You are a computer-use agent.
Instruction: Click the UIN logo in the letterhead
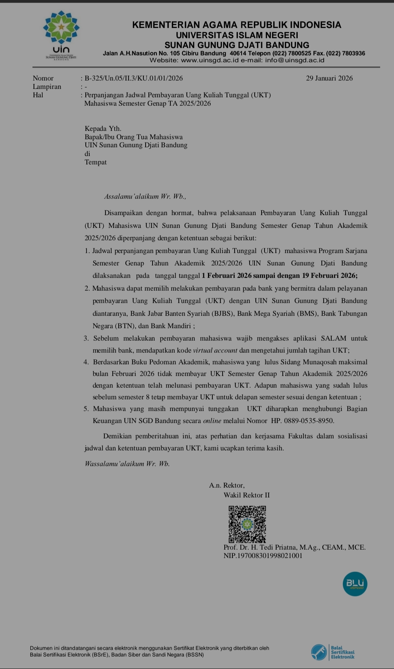coord(61,34)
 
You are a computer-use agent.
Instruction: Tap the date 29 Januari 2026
coord(329,78)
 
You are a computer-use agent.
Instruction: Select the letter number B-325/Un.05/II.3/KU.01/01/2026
coord(134,78)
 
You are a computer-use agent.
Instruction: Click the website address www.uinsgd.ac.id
coord(210,60)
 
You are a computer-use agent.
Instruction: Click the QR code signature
coord(247,524)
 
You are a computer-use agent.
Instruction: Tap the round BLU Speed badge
coord(355,584)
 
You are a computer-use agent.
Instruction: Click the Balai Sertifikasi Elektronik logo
coord(333,652)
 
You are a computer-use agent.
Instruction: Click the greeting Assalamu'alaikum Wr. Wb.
coord(145,196)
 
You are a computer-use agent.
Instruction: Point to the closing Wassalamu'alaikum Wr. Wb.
coord(127,464)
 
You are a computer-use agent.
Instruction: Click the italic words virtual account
coord(215,350)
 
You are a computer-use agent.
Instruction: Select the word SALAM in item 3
coord(333,338)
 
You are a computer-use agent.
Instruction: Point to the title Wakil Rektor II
coord(247,495)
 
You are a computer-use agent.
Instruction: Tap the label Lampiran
coord(47,86)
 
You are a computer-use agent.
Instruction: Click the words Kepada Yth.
coord(103,128)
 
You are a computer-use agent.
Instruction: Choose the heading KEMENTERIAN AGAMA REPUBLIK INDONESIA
coord(237,25)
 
